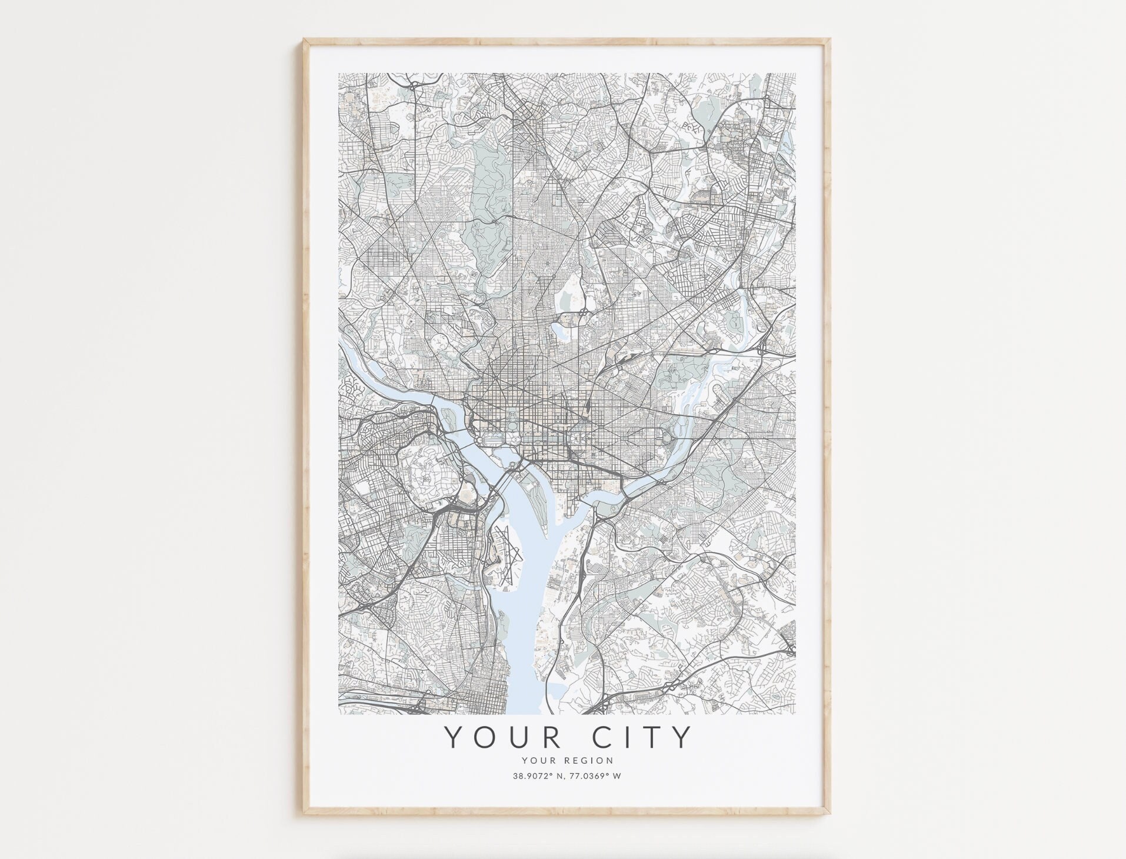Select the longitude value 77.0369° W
595,775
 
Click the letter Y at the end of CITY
681,737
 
